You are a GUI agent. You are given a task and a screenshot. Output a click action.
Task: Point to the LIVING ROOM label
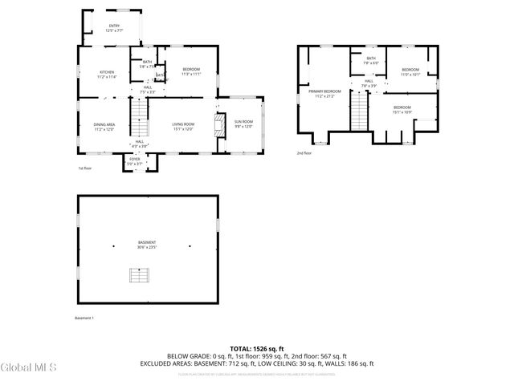point(183,126)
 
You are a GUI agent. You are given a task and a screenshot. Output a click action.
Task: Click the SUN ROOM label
point(243,124)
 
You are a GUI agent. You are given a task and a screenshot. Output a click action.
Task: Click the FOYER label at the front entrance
point(134,161)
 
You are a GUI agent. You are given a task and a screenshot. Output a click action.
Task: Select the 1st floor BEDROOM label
point(190,72)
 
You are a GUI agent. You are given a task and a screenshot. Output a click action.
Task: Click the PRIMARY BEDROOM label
point(324,94)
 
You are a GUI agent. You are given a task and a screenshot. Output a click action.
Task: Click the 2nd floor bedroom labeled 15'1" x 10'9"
point(402,109)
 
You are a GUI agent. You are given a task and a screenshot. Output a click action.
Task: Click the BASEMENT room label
point(146,245)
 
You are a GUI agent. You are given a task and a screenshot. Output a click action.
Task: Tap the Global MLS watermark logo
point(29,367)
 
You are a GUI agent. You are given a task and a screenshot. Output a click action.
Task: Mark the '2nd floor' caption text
point(304,152)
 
